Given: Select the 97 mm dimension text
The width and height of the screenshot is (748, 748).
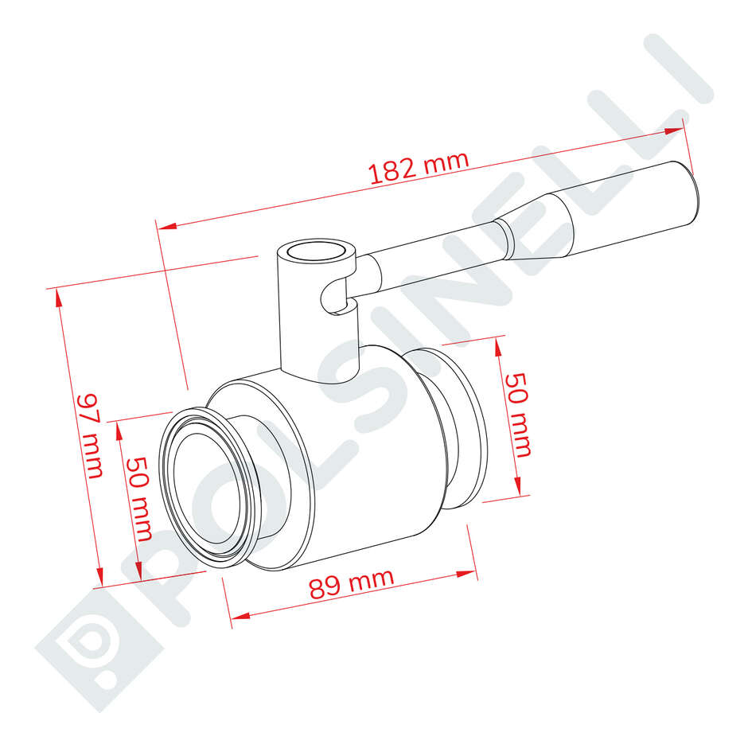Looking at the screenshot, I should tap(90, 436).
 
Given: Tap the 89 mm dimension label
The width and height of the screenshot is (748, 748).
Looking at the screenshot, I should tap(351, 583).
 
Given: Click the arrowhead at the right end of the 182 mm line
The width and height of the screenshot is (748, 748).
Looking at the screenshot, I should tap(676, 130).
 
